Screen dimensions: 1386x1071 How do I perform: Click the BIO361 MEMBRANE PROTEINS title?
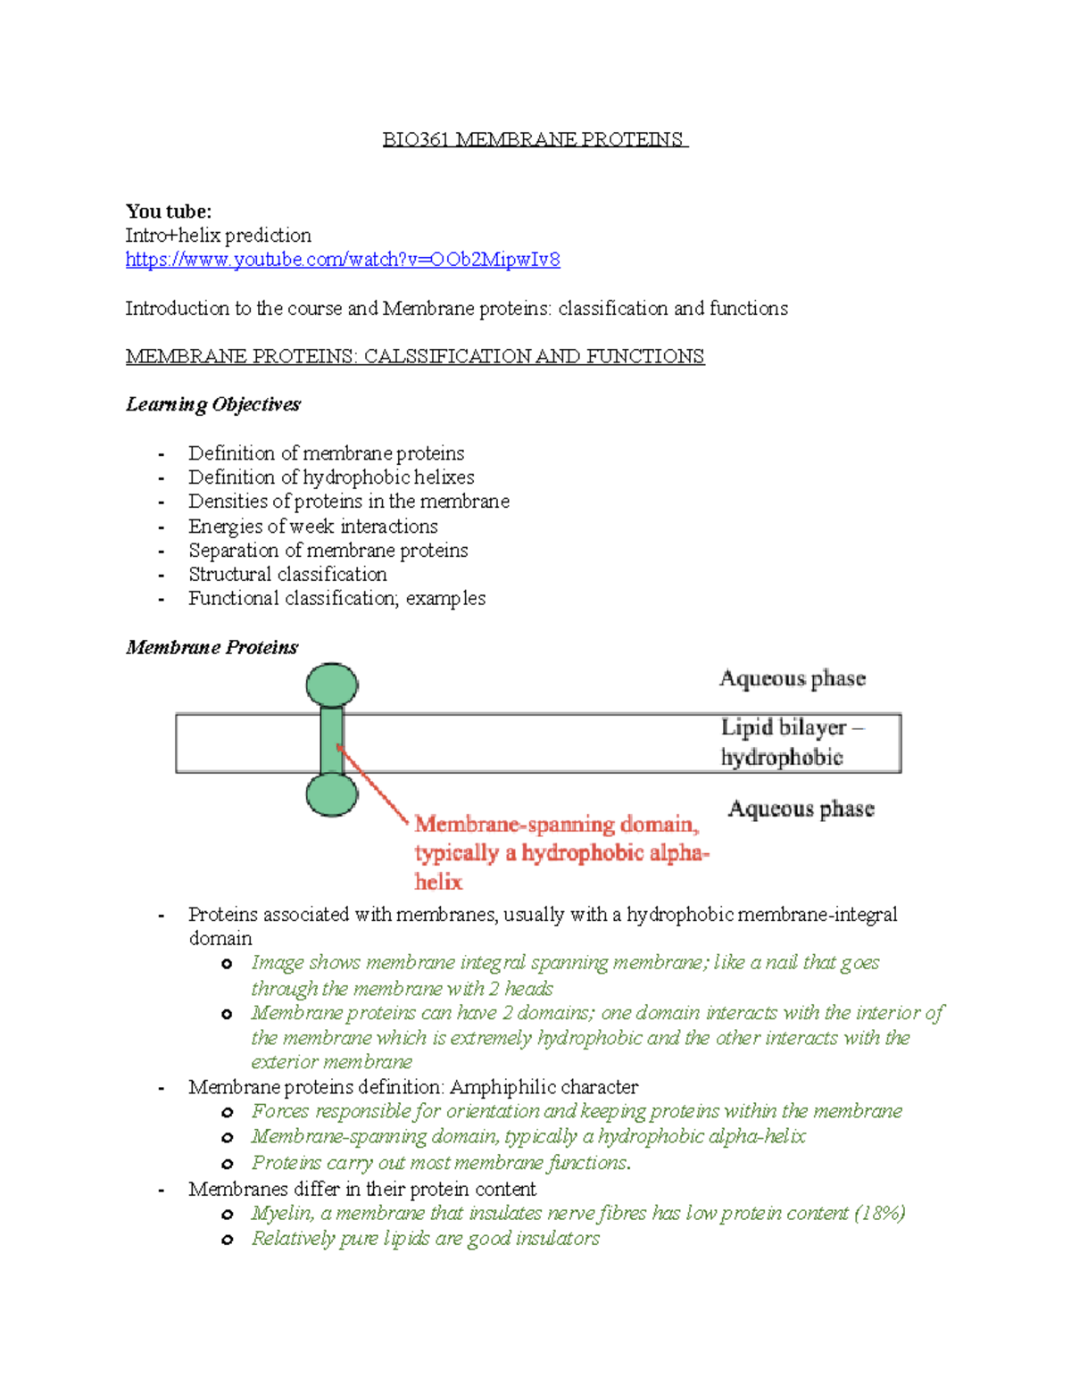tap(534, 139)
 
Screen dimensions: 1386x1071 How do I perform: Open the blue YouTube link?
tap(343, 260)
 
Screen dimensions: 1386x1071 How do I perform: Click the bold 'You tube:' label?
tap(169, 212)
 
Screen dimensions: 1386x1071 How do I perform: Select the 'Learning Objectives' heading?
tap(213, 404)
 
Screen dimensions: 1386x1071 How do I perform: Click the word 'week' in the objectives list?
tap(311, 527)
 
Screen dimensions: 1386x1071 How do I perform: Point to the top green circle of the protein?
tap(332, 685)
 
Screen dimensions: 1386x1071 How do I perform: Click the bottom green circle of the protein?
tap(332, 794)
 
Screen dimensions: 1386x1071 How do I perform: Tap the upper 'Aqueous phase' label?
tap(793, 678)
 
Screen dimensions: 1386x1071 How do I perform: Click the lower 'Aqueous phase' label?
tap(801, 809)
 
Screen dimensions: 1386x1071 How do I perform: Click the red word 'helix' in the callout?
tap(438, 882)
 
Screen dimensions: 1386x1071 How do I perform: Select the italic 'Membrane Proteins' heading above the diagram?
tap(212, 647)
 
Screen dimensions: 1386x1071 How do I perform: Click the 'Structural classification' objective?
tap(287, 575)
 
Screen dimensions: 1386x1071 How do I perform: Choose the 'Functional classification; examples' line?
tap(336, 599)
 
